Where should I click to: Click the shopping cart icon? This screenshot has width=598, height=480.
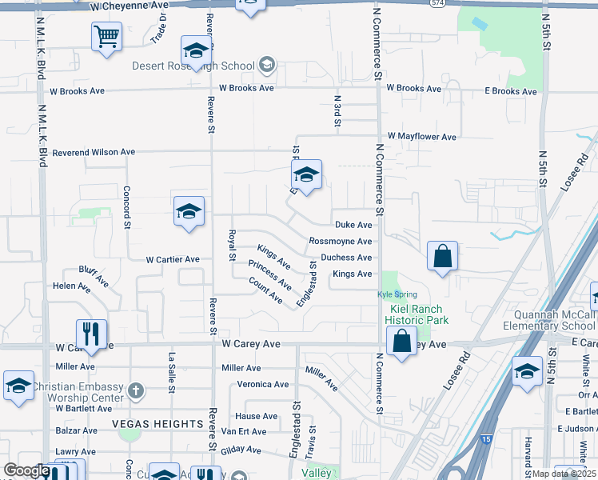coord(106,36)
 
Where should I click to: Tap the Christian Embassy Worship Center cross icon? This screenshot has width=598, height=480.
coord(136,391)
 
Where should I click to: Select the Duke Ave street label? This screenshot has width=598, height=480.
coord(353,226)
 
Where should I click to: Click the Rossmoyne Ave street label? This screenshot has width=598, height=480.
coord(340,242)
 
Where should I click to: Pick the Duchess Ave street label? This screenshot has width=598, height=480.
coord(346,258)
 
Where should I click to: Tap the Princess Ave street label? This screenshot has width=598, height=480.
coord(269,274)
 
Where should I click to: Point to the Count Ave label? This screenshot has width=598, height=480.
coord(265,290)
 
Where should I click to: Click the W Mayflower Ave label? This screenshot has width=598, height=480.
coord(422,137)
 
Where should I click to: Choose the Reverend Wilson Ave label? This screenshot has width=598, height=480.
coord(94,152)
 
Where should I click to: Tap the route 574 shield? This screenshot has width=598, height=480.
coord(458,4)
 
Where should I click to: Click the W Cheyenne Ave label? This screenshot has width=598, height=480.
coord(130,5)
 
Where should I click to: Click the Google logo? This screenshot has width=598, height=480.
coord(26,471)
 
